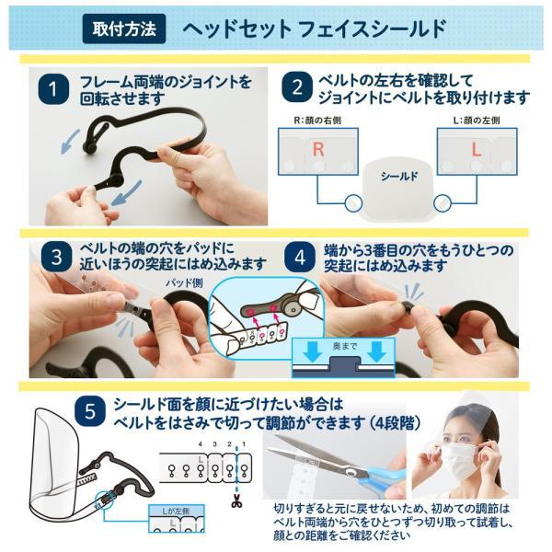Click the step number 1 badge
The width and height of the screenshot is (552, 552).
(55, 90)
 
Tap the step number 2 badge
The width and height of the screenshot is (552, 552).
(296, 90)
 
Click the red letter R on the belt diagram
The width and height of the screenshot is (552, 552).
(317, 150)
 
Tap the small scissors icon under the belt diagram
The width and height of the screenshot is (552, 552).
(237, 501)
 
